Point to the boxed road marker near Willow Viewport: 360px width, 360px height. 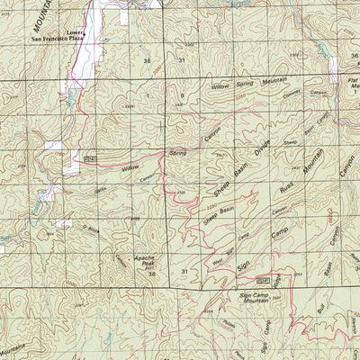tap(90, 158)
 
